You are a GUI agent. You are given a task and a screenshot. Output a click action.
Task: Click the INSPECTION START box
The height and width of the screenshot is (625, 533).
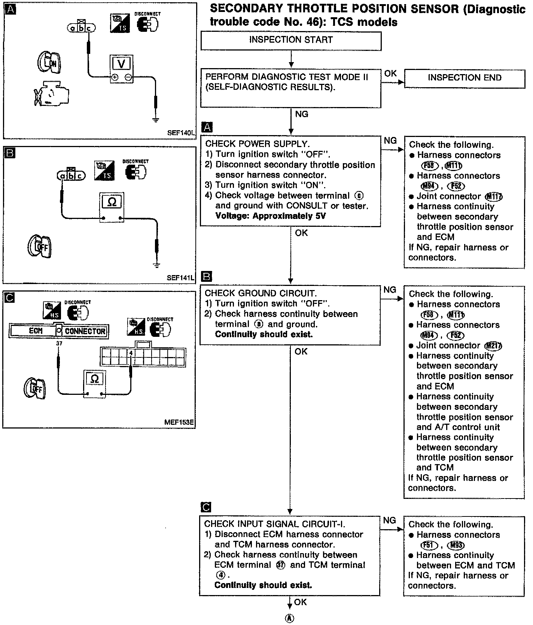tap(291, 40)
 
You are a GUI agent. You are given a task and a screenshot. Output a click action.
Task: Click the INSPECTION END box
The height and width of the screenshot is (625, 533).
tap(465, 78)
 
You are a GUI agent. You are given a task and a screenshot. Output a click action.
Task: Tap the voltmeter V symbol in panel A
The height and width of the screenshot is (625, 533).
tap(121, 64)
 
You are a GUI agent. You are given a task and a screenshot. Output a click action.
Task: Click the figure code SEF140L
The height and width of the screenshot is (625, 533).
tap(181, 132)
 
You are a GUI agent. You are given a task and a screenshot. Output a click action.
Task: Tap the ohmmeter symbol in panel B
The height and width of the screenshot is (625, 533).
tap(112, 202)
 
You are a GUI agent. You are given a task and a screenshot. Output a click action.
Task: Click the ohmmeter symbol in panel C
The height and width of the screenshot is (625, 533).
tap(95, 379)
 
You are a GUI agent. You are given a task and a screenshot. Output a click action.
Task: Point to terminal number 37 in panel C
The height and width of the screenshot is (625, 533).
tap(59, 343)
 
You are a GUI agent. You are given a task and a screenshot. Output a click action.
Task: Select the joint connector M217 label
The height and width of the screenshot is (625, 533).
tap(493, 346)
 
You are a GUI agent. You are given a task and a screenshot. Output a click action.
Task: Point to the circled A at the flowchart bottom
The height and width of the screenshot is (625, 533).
tap(290, 618)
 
